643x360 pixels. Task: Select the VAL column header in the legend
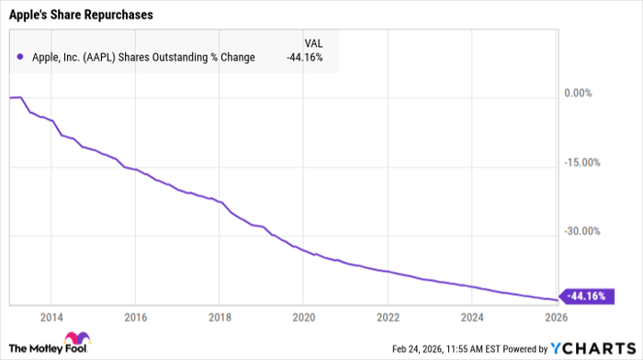click(313, 42)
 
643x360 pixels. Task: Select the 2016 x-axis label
click(135, 317)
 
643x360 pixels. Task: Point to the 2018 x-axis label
click(219, 317)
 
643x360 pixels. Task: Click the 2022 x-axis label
click(387, 317)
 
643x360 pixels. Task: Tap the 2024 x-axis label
click(470, 317)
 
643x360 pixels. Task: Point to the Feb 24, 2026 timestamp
click(405, 349)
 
